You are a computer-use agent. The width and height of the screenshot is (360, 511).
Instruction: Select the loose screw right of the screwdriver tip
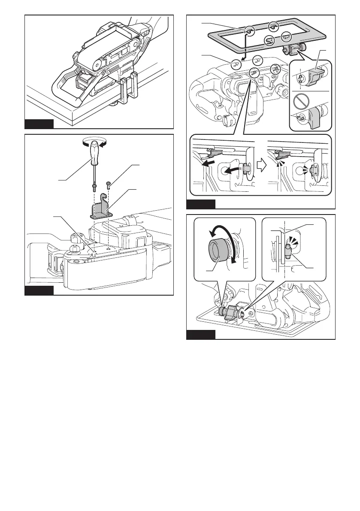[x=109, y=186]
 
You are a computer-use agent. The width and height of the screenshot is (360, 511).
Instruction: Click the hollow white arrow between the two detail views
[x=260, y=160]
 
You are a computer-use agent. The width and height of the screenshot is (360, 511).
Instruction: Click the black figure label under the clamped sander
[x=39, y=124]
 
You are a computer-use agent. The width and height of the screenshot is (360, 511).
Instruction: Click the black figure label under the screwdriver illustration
[x=39, y=291]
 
